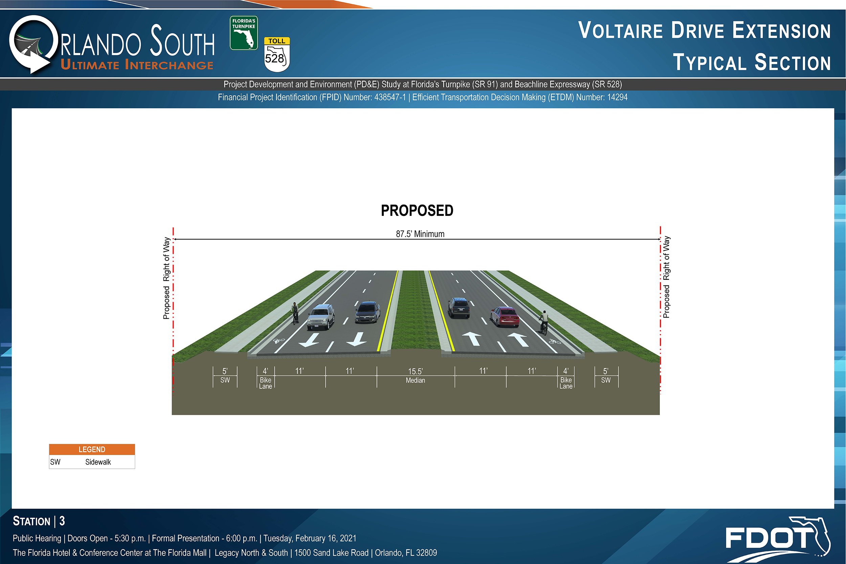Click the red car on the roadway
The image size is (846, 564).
pos(505,317)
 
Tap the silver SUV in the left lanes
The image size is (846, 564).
pos(321,317)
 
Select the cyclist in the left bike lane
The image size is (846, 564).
pos(295,313)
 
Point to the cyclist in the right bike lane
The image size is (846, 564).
pos(543,322)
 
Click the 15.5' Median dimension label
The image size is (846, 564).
pos(416,376)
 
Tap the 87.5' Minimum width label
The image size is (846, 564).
pos(420,234)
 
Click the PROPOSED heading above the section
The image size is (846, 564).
pos(417,211)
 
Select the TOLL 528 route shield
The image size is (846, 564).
pos(277,54)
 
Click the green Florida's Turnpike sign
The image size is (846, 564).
pos(244,33)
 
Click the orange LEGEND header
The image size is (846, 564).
pos(92,450)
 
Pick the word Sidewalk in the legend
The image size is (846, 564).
pos(98,462)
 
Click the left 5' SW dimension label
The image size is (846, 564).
pos(225,375)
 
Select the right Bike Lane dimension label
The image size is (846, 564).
pos(566,383)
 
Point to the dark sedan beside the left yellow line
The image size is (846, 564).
pos(367,312)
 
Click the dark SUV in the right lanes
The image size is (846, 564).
pos(459,308)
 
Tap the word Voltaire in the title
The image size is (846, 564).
pos(621,30)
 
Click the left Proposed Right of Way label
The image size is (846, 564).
pos(166,278)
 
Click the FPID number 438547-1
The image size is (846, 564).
pos(390,97)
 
